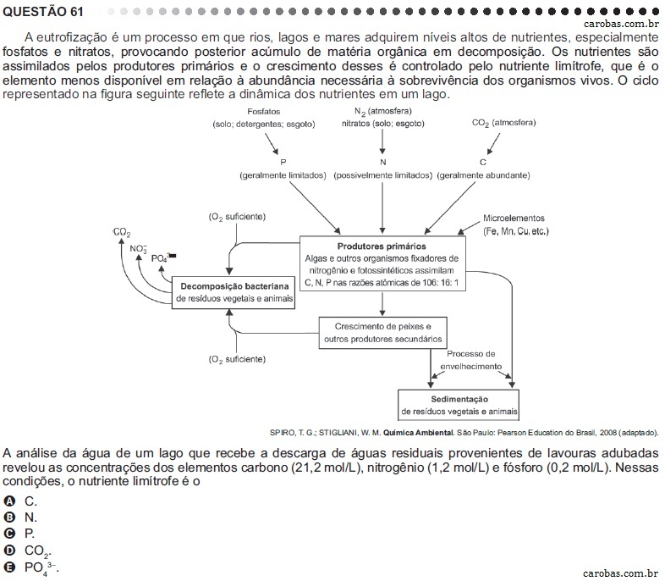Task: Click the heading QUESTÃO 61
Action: click(x=43, y=12)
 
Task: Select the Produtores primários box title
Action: click(x=382, y=246)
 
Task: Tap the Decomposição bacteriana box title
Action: click(x=234, y=286)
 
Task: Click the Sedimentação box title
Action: click(x=459, y=399)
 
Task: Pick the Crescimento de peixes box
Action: click(x=382, y=333)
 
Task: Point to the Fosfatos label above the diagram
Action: click(x=264, y=112)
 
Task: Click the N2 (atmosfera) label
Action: click(x=383, y=111)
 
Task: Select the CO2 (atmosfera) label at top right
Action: click(x=504, y=123)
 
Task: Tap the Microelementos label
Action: click(x=514, y=219)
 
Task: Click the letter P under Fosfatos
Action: click(x=283, y=162)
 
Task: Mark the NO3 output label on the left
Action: click(x=138, y=249)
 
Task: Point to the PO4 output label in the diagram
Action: click(x=163, y=257)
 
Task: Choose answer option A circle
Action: click(x=8, y=501)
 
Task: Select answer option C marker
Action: click(x=8, y=534)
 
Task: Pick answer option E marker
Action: click(x=8, y=567)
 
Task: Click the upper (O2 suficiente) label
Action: click(x=237, y=217)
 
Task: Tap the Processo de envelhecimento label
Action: click(x=470, y=360)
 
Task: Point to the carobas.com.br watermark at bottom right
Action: click(x=621, y=573)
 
